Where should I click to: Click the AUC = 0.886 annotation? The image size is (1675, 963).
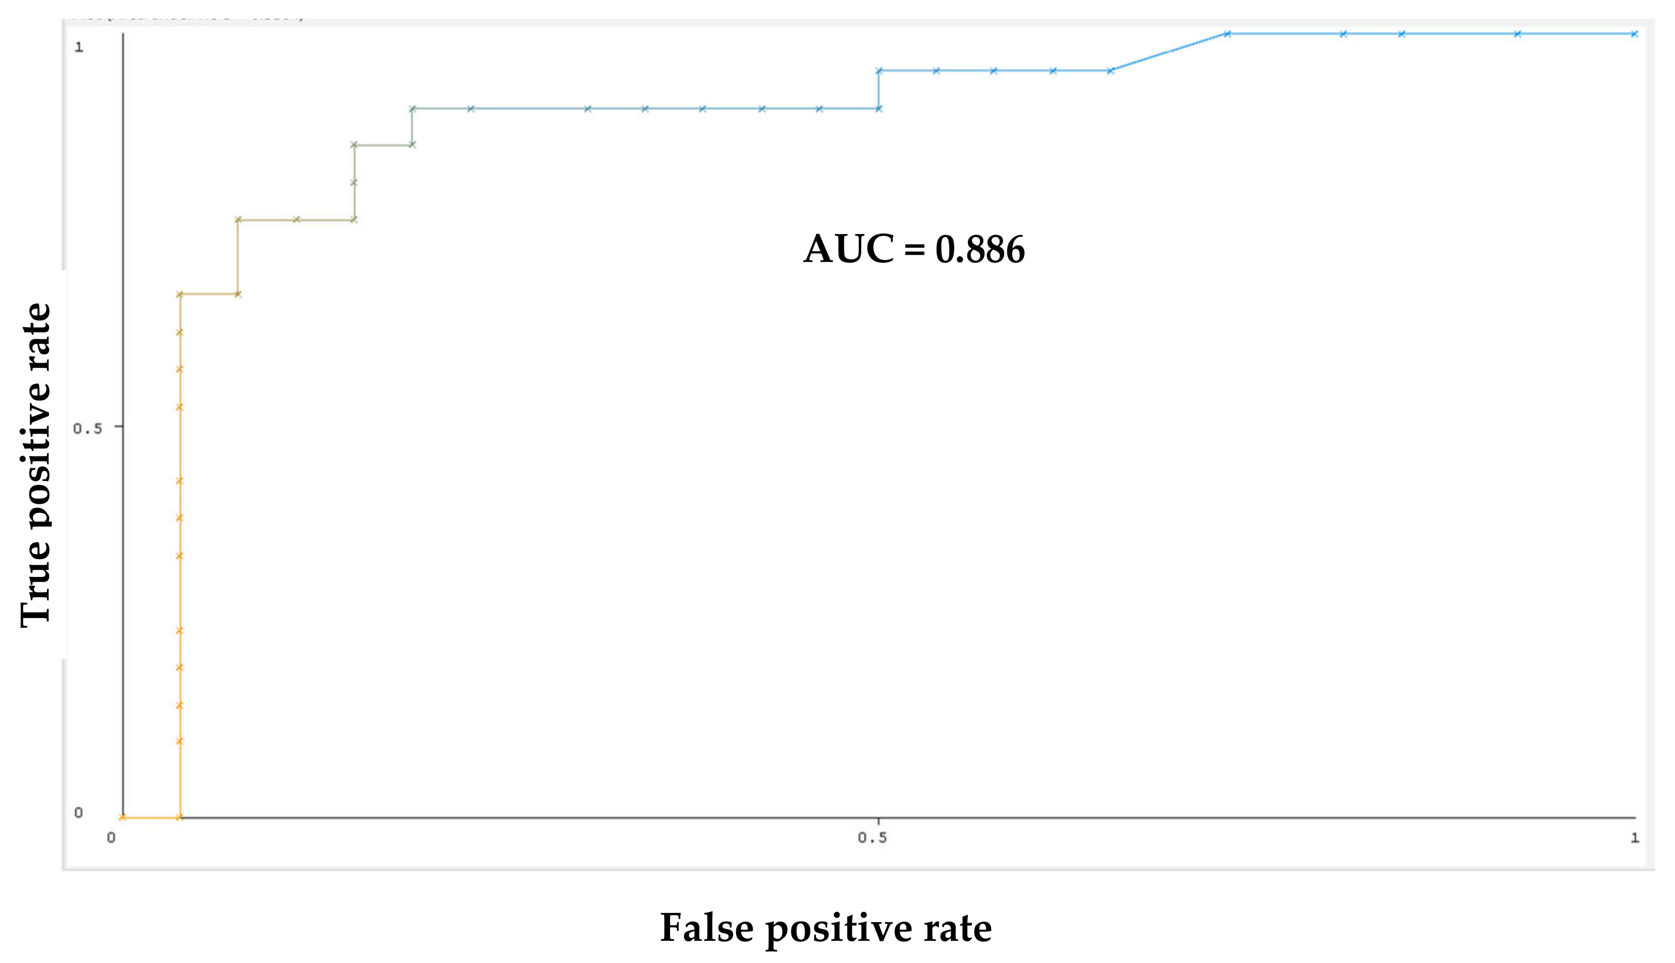(914, 250)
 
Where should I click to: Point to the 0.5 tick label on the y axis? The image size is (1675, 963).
(87, 429)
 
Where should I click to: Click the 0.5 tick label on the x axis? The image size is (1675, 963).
(872, 838)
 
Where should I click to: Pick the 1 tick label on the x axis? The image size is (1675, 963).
(1634, 838)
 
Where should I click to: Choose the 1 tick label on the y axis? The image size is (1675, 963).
(79, 47)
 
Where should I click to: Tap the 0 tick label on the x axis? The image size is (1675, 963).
(111, 838)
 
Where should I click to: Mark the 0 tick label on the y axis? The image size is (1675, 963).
(79, 813)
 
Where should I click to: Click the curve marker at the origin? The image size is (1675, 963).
(123, 817)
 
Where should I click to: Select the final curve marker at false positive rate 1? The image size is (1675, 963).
(1634, 34)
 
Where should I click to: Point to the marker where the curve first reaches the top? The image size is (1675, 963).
(1227, 34)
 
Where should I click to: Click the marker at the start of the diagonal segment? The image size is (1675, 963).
(1110, 71)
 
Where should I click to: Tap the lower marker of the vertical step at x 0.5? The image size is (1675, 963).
(879, 108)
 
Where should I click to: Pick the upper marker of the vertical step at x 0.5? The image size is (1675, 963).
(879, 71)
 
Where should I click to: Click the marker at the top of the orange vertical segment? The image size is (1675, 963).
(179, 294)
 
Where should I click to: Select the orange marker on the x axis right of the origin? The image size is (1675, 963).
(179, 817)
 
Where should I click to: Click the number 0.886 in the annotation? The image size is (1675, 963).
(980, 250)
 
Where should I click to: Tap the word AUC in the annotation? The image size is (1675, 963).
(848, 250)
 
